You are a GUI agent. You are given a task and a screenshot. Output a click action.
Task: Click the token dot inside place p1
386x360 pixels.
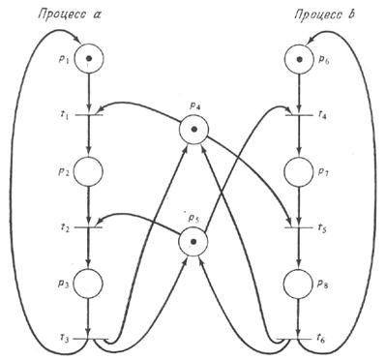(x=89, y=58)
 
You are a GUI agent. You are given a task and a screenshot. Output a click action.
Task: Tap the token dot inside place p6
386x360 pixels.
(x=300, y=59)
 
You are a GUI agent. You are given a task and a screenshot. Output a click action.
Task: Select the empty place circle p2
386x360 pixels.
(x=88, y=171)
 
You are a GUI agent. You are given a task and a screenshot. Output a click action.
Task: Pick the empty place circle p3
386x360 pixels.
(x=88, y=284)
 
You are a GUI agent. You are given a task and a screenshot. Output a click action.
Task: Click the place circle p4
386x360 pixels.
(x=193, y=129)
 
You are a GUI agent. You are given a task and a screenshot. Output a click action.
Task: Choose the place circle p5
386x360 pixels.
(x=193, y=242)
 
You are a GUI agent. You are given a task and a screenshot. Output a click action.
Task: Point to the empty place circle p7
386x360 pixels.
(x=299, y=171)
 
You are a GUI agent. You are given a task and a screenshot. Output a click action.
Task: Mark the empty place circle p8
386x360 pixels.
(x=299, y=284)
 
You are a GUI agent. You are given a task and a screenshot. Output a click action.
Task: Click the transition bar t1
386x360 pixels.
(x=89, y=114)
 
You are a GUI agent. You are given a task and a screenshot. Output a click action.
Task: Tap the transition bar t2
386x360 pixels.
(x=89, y=227)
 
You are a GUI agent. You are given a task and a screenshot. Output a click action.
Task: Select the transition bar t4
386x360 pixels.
(x=299, y=114)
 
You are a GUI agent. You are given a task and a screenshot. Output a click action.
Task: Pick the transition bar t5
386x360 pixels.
(x=299, y=227)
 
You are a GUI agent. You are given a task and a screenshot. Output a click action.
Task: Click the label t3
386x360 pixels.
(x=65, y=339)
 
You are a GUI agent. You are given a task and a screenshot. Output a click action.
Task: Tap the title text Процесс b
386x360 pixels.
(x=324, y=15)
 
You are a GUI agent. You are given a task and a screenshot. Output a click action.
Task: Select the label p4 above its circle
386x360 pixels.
(x=193, y=106)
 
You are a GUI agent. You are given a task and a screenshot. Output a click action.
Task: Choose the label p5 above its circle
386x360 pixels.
(x=193, y=220)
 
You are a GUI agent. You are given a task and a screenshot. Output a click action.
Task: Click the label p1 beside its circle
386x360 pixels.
(x=64, y=58)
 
